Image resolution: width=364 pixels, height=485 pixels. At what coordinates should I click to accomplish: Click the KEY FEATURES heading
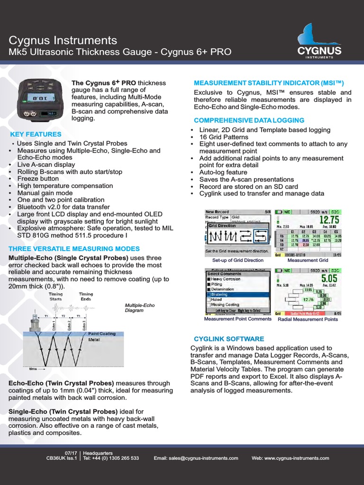(36, 135)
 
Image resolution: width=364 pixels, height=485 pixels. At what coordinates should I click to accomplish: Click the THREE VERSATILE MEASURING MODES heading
(74, 249)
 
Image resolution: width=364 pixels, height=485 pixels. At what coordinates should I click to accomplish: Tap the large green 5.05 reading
(329, 278)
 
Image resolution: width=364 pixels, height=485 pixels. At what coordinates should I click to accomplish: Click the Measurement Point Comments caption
(238, 319)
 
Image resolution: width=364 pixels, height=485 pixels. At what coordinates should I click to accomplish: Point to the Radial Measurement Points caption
(308, 319)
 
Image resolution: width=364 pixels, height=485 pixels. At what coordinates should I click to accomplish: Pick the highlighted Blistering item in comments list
(222, 294)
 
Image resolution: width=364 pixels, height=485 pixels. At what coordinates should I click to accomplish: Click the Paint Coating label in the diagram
(102, 333)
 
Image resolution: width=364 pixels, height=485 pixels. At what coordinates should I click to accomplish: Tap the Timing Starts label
(56, 296)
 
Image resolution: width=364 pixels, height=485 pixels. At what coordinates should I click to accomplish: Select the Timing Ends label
(86, 296)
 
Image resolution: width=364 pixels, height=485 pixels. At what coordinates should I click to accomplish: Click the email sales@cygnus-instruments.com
(196, 458)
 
